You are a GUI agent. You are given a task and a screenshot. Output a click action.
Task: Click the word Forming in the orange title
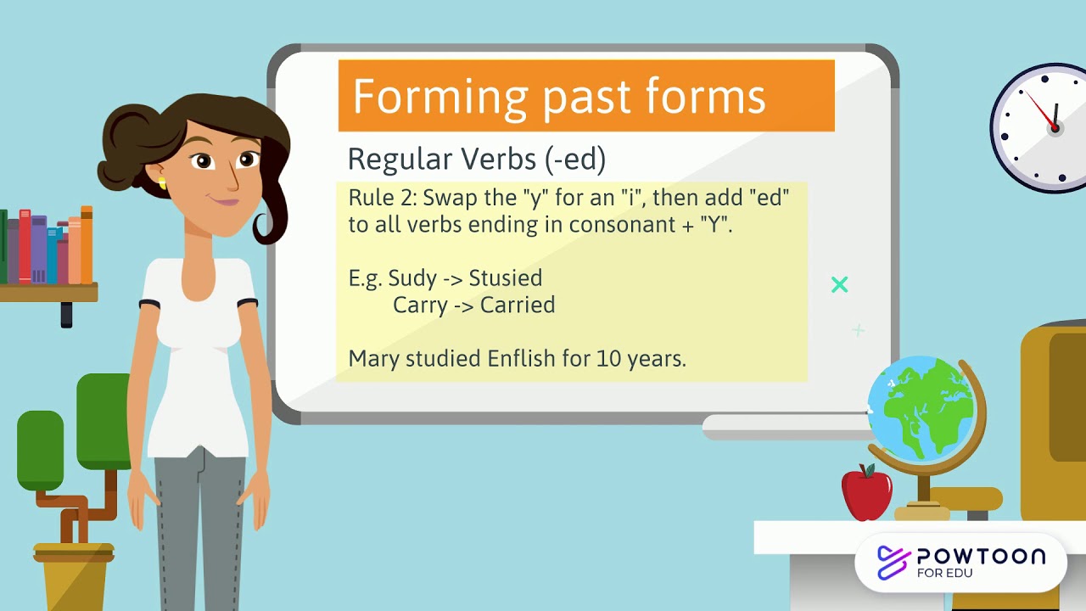(x=440, y=98)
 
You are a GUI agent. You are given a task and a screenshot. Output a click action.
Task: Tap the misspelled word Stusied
(x=506, y=277)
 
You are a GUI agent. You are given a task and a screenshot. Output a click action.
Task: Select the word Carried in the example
(x=518, y=305)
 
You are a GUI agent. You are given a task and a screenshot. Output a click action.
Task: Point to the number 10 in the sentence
(x=608, y=358)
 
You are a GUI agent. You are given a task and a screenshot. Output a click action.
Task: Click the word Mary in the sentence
(x=373, y=358)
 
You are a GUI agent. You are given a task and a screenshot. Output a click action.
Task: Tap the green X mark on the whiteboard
(x=840, y=285)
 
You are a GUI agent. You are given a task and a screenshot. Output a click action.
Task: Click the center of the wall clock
(x=1055, y=127)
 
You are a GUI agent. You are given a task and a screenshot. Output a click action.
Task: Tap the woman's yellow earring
(x=161, y=183)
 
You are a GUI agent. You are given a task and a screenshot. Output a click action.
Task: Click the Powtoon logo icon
(x=893, y=562)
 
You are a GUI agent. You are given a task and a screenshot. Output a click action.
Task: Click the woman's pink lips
(x=225, y=202)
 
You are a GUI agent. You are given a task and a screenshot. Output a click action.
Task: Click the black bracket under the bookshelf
(x=66, y=314)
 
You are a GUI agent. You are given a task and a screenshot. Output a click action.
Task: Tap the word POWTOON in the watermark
(x=981, y=557)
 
